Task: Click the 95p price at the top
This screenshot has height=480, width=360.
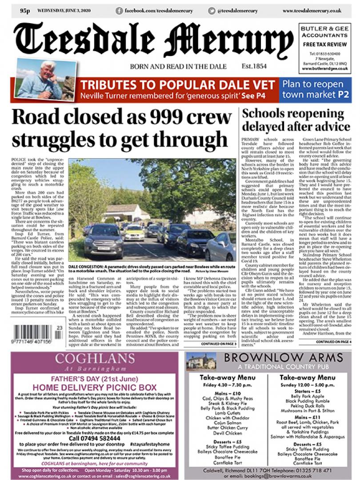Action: (24, 10)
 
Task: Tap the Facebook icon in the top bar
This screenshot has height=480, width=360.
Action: (119, 10)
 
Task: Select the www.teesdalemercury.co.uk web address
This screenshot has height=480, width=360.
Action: (312, 10)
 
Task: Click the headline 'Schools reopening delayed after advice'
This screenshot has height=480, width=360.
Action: (296, 120)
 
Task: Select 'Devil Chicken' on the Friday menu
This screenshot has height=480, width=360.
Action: (228, 433)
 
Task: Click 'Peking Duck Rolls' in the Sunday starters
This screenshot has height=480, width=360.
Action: (308, 406)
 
